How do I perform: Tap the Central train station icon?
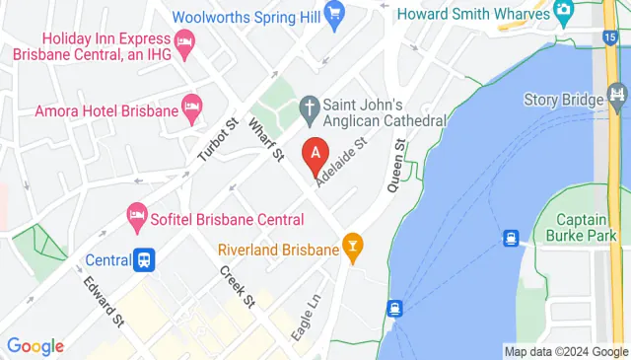(144, 260)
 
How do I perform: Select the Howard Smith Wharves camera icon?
(564, 12)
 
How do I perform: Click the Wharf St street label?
(266, 140)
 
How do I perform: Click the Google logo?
(35, 346)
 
